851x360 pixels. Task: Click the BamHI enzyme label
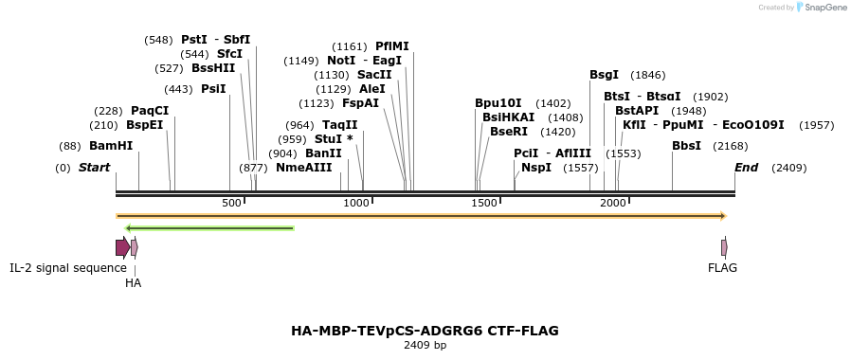coord(111,146)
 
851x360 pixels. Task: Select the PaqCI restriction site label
coord(150,111)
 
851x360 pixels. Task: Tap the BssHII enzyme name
coord(213,68)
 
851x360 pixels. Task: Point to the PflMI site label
coord(392,46)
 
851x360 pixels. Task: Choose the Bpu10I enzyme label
coord(498,103)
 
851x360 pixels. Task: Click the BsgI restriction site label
coord(604,75)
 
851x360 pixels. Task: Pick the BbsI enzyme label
coord(687,146)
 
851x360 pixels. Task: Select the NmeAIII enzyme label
coord(304,168)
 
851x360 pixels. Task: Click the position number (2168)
coord(731,146)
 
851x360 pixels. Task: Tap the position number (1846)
coord(648,75)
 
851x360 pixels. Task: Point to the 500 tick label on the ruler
coord(232,204)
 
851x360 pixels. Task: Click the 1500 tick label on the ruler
coord(484,204)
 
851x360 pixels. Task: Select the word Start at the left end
coord(94,168)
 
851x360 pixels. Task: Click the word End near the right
coord(747,168)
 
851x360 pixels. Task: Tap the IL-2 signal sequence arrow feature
coord(122,247)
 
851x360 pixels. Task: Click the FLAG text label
coord(722,268)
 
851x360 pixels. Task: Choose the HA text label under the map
coord(133,282)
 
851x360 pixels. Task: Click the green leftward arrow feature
coord(209,227)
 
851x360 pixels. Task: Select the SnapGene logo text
coord(824,8)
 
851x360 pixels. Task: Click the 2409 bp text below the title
coord(425,345)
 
